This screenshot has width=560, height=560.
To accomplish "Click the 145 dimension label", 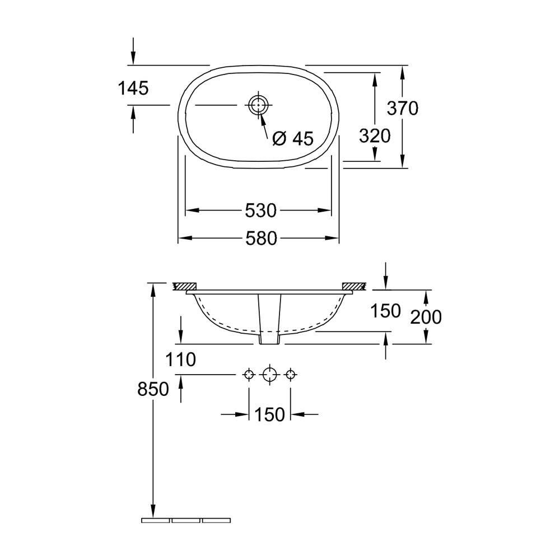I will (x=133, y=88).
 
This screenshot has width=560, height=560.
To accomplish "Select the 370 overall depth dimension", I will (x=403, y=108).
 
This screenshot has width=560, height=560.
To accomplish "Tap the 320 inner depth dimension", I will (x=375, y=136).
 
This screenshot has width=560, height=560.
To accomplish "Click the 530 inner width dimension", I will (x=260, y=211).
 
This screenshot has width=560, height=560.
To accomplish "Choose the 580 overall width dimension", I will (x=260, y=239).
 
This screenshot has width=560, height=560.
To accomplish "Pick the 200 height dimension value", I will (x=426, y=317).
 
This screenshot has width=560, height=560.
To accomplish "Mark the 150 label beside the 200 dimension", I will (x=385, y=310).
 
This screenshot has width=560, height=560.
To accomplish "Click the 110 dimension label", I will (x=180, y=360).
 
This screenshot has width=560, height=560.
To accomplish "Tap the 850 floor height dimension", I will (x=153, y=389).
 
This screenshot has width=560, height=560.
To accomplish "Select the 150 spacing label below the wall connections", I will (x=269, y=414).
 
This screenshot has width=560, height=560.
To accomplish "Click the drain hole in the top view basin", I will (x=258, y=104).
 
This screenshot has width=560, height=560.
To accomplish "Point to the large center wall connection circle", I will (x=270, y=374).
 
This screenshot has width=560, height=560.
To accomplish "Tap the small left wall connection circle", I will (x=249, y=374).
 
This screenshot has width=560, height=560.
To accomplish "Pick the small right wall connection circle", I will (x=290, y=374).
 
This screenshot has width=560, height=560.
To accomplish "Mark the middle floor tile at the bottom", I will (x=186, y=520).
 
